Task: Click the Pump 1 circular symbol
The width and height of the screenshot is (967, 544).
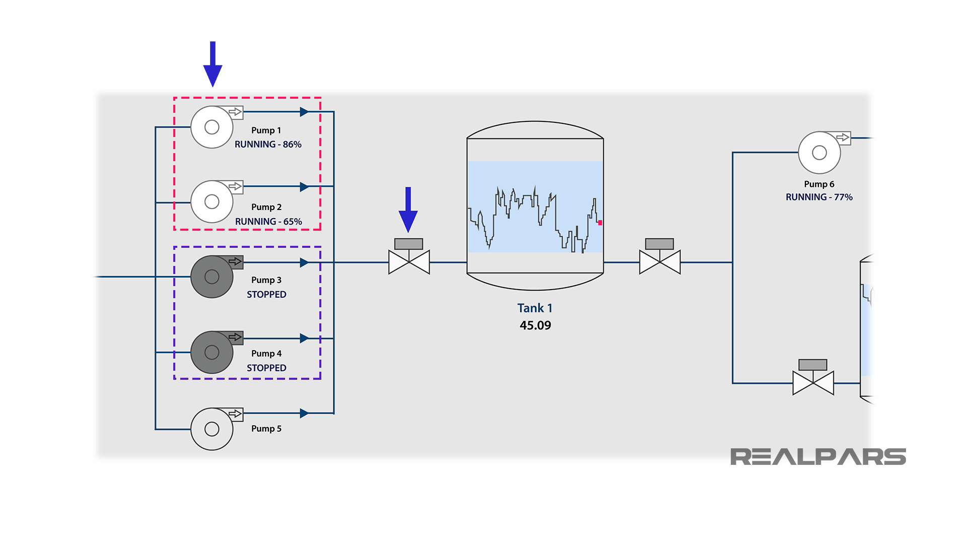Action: pos(212,127)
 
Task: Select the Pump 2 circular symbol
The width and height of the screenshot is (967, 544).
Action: pos(212,201)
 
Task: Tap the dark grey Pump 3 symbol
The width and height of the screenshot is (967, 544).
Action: pos(212,277)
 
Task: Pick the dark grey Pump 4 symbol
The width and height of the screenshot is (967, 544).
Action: pos(212,352)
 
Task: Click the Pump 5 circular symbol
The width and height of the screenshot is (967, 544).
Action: pos(212,429)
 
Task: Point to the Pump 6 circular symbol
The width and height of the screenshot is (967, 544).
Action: pos(819,153)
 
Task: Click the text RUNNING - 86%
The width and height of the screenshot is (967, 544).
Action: pos(268,145)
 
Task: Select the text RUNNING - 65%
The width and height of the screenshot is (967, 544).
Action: pos(268,222)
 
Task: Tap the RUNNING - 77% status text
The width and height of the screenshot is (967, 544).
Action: pos(819,197)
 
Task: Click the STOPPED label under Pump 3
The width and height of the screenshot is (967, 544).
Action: pos(266,295)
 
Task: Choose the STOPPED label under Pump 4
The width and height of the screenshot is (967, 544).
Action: pos(266,368)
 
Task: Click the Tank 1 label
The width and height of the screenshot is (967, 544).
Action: pos(535,308)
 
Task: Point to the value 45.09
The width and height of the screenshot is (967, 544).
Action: pos(535,325)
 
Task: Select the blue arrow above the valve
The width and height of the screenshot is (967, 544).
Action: pos(408,209)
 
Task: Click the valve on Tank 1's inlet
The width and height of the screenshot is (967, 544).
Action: pos(409,262)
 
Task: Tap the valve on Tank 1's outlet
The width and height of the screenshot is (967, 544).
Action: pos(660,262)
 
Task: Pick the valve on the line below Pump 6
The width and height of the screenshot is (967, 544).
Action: pos(813,383)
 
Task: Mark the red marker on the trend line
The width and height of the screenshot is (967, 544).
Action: pos(600,223)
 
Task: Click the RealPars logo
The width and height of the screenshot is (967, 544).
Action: pos(818,457)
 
